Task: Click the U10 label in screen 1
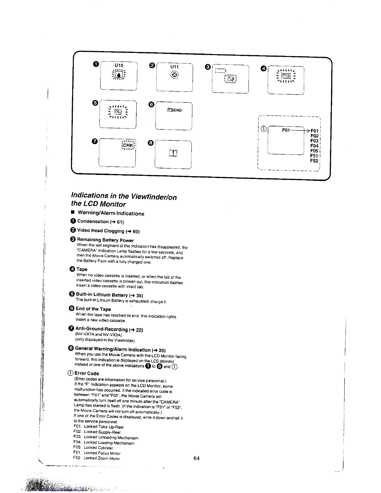(x=119, y=65)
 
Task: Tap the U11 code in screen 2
(x=175, y=66)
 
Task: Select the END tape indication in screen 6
(x=175, y=110)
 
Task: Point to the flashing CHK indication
(x=128, y=145)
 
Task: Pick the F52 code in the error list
(x=314, y=161)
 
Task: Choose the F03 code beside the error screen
(x=314, y=141)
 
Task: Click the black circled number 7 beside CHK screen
(x=95, y=142)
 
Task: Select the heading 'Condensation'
(x=93, y=221)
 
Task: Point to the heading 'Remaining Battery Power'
(x=105, y=240)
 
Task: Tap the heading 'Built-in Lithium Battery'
(x=102, y=294)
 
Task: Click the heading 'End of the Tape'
(x=93, y=309)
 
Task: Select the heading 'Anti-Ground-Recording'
(x=101, y=329)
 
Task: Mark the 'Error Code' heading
(x=87, y=373)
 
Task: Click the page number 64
(x=196, y=458)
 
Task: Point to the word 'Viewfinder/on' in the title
(x=154, y=196)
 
